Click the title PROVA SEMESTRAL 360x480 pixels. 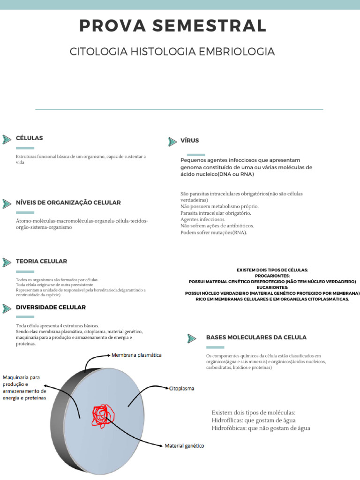pyautogui.click(x=173, y=25)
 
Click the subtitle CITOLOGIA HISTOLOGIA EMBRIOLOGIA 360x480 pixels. pyautogui.click(x=172, y=52)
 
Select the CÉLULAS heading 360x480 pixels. pyautogui.click(x=29, y=138)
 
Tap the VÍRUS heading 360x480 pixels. pyautogui.click(x=190, y=141)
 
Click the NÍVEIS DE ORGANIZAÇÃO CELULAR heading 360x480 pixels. pyautogui.click(x=68, y=202)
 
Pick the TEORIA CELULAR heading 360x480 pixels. pyautogui.click(x=41, y=261)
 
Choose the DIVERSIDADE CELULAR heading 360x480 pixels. pyautogui.click(x=51, y=307)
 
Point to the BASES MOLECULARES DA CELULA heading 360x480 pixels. pyautogui.click(x=256, y=337)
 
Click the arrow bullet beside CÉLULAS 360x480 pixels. pyautogui.click(x=7, y=139)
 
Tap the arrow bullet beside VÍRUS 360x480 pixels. pyautogui.click(x=172, y=142)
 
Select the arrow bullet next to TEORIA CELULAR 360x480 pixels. pyautogui.click(x=7, y=262)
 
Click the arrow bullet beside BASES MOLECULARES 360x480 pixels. pyautogui.click(x=191, y=338)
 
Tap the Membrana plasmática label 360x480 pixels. pyautogui.click(x=136, y=355)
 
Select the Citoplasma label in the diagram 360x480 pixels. pyautogui.click(x=181, y=389)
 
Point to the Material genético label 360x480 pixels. pyautogui.click(x=184, y=446)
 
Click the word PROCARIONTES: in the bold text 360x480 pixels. pyautogui.click(x=272, y=276)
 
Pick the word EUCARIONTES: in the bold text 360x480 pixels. pyautogui.click(x=272, y=287)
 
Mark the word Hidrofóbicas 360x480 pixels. pyautogui.click(x=228, y=428)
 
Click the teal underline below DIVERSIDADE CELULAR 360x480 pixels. pyautogui.click(x=25, y=317)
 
